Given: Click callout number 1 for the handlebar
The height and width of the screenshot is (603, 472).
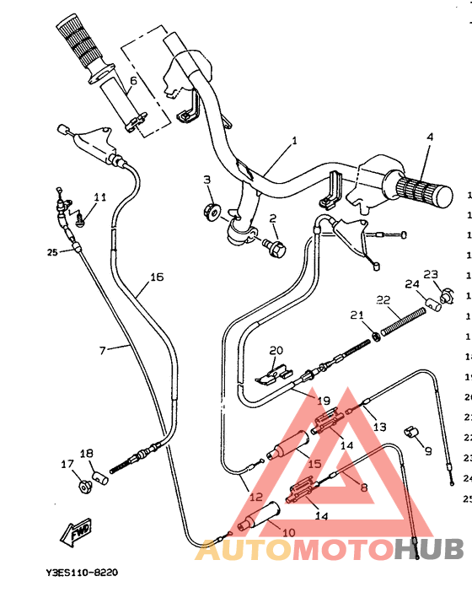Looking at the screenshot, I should (294, 141).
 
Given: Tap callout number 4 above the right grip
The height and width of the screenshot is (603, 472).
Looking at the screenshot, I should (429, 137).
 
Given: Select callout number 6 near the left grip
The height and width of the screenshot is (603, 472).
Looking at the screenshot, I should (132, 82).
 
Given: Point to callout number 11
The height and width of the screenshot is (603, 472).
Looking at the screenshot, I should (99, 197).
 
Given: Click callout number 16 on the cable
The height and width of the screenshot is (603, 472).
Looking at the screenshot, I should (156, 277).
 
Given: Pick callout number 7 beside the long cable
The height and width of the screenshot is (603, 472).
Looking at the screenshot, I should (103, 349).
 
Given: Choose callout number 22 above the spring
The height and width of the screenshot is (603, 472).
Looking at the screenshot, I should (383, 300).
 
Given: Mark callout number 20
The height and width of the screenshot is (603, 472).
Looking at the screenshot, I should (276, 351).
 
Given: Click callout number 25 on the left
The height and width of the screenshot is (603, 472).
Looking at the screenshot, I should (51, 251).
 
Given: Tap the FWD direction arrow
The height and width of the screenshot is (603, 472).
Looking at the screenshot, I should (75, 533).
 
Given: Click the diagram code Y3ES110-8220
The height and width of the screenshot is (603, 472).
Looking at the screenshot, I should (82, 573).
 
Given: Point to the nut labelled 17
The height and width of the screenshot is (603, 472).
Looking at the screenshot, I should (84, 487).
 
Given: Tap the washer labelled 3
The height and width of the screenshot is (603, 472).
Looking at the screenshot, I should (212, 207).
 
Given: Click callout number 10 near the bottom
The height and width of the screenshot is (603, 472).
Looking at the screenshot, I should (288, 532).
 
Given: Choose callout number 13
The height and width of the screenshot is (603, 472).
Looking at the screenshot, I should (379, 427).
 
